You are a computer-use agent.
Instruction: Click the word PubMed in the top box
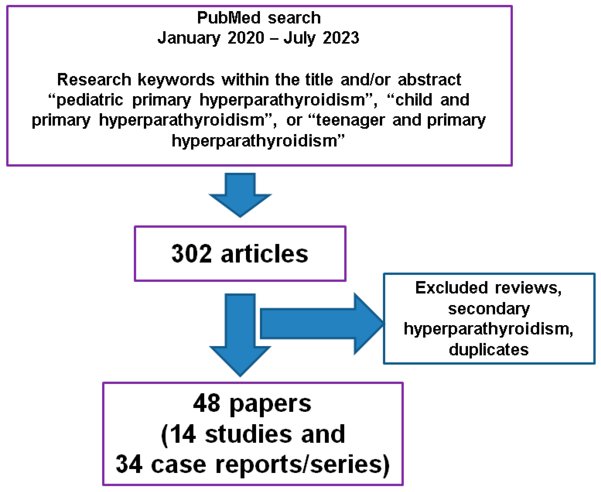[x=228, y=18]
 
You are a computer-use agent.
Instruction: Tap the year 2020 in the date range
[x=246, y=38]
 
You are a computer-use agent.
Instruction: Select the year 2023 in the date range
[x=341, y=38]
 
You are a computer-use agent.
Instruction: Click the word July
[x=299, y=38]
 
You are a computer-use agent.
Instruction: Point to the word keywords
[x=176, y=80]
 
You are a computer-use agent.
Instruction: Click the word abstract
[x=429, y=80]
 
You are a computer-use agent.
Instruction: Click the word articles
[x=264, y=254]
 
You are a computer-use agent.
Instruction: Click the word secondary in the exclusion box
[x=489, y=308]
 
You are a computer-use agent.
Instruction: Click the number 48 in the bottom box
[x=206, y=403]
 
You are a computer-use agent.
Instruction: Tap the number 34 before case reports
[x=129, y=464]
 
